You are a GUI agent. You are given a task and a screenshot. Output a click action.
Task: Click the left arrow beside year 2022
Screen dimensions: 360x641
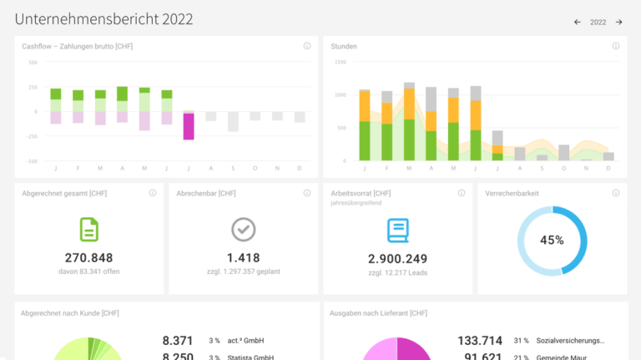pos(577,23)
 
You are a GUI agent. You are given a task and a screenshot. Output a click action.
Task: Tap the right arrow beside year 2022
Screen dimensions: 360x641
pos(618,23)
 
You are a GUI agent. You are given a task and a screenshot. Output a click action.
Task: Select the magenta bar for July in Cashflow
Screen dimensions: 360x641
pos(189,126)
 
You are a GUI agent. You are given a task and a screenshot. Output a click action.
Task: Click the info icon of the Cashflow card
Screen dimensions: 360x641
pos(307,46)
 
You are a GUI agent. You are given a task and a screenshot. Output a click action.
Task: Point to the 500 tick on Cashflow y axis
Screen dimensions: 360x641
pos(33,63)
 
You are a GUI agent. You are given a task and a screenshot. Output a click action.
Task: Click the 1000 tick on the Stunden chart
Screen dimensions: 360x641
pos(340,95)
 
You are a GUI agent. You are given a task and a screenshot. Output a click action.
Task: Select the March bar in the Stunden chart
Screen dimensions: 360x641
pos(409,122)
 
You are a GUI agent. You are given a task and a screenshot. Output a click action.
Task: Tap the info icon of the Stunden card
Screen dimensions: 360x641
pos(616,46)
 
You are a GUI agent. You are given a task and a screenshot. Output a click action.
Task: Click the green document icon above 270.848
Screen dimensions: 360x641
pos(88,229)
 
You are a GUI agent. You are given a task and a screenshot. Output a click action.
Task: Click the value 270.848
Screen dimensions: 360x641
pos(88,258)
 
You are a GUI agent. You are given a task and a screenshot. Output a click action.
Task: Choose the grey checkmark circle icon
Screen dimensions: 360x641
pos(243,229)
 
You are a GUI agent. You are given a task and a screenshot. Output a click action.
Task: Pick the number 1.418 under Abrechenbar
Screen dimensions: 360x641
pos(243,258)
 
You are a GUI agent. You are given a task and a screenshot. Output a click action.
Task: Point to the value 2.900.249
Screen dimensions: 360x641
pos(397,259)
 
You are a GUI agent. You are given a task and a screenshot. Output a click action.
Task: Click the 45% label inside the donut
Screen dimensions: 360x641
pos(552,240)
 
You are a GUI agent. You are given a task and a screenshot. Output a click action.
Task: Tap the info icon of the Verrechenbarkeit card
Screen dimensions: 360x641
pos(616,193)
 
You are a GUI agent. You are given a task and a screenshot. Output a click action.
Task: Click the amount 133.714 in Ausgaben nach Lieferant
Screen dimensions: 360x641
pos(480,341)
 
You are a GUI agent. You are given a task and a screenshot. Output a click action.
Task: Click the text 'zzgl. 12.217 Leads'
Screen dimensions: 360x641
pos(397,273)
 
